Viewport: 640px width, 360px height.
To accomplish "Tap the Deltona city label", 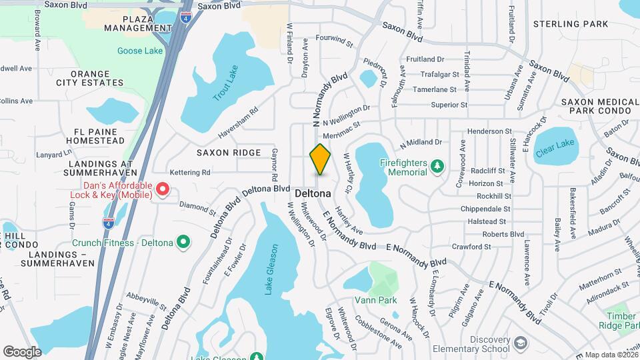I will pyautogui.click(x=313, y=193).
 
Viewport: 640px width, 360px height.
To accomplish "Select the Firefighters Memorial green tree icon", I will pyautogui.click(x=437, y=164).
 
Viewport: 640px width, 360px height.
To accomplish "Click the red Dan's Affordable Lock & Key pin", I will pyautogui.click(x=162, y=191).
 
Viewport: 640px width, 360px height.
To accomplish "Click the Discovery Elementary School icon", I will pyautogui.click(x=520, y=343).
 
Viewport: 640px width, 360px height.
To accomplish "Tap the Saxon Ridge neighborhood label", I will pyautogui.click(x=229, y=153).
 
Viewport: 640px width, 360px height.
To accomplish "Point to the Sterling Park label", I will pyautogui.click(x=571, y=24).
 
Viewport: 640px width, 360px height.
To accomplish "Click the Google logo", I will pyautogui.click(x=22, y=351).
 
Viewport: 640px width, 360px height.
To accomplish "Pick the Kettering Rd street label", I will pyautogui.click(x=189, y=172).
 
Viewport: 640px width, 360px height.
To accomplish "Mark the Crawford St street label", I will pyautogui.click(x=471, y=247).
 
